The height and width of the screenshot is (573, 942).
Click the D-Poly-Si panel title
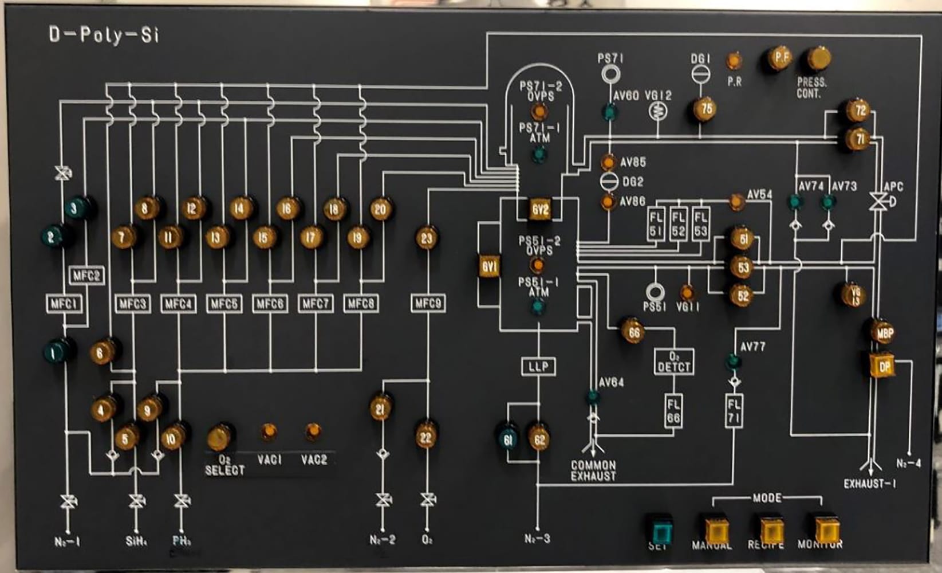tap(103, 36)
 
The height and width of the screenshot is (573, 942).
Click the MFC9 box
tap(427, 303)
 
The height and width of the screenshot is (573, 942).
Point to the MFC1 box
tap(64, 303)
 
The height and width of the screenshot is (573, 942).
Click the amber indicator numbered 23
tap(426, 238)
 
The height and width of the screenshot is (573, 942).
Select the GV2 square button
tap(539, 210)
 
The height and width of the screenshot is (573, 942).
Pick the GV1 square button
tap(490, 267)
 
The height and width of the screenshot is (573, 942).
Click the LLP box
tap(538, 366)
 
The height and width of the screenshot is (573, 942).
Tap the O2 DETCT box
tap(673, 362)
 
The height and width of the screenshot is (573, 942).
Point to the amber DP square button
tap(882, 366)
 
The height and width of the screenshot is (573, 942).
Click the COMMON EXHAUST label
tap(593, 470)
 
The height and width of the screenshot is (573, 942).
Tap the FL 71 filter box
tap(734, 410)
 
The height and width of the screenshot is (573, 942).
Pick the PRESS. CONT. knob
tap(819, 58)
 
